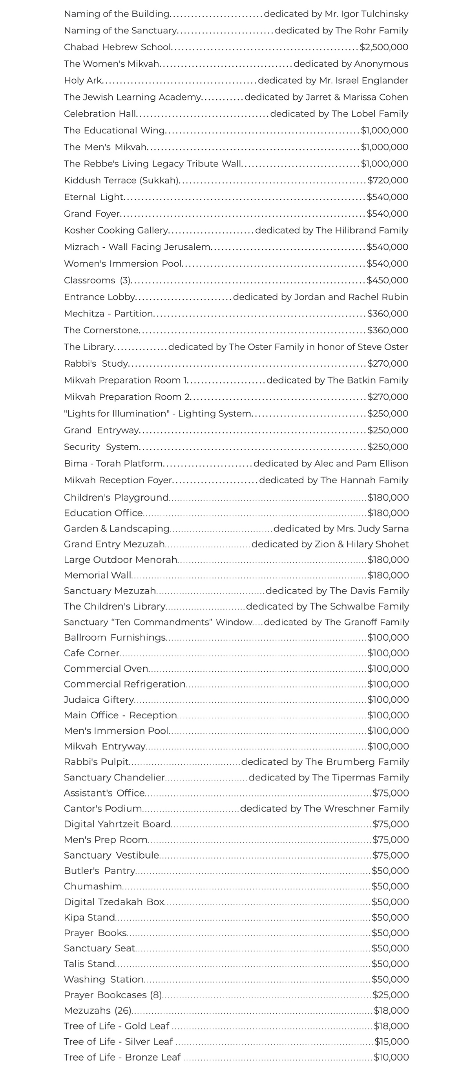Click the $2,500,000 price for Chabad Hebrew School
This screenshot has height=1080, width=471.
[x=384, y=48]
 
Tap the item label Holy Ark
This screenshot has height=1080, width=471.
[x=82, y=80]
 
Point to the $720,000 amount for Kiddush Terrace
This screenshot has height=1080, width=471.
[x=388, y=180]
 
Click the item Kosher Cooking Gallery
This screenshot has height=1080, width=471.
[x=116, y=230]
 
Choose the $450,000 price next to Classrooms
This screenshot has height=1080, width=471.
[x=387, y=280]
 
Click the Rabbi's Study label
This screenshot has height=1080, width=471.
[x=96, y=364]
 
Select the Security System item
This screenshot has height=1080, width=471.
[x=101, y=447]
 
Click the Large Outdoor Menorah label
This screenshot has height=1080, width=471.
[x=120, y=560]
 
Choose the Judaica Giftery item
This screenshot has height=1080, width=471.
[x=99, y=700]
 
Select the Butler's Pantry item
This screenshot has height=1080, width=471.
[x=99, y=871]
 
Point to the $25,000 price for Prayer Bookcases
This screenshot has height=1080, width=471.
[x=391, y=995]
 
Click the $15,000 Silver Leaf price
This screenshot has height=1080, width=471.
[x=391, y=1042]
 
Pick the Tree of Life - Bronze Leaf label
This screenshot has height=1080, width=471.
[x=122, y=1057]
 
